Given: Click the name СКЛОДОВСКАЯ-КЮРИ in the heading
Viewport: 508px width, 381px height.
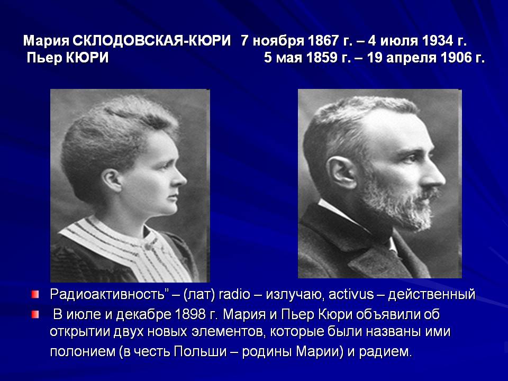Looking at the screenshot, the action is (x=152, y=41).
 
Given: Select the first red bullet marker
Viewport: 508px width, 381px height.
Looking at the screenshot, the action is (x=35, y=295).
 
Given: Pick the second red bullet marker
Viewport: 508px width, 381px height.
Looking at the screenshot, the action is (x=35, y=314).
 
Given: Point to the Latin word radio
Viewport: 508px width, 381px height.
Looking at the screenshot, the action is (x=234, y=295).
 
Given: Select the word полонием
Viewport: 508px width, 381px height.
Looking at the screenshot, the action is (x=83, y=351).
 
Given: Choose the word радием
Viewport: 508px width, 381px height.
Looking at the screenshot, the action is (x=386, y=352).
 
